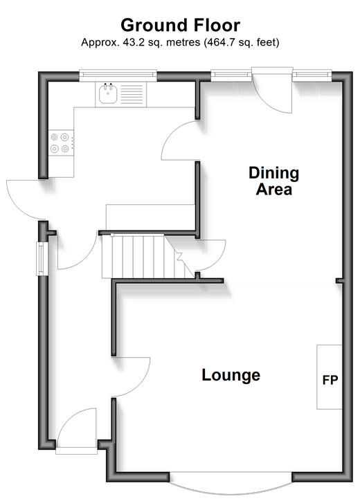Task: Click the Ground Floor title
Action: [x=180, y=26]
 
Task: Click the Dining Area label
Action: [x=274, y=181]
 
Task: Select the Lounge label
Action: [x=231, y=375]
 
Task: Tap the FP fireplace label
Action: [x=330, y=380]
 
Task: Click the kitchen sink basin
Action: [x=108, y=93]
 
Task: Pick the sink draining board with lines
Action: [x=132, y=94]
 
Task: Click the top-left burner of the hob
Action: [x=55, y=137]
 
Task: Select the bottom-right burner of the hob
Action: [x=65, y=149]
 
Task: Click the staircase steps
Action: [x=147, y=257]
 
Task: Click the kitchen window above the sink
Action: [x=118, y=74]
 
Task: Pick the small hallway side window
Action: [x=42, y=259]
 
